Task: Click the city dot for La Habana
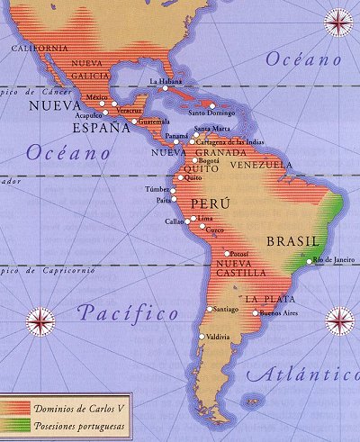coord(165,88)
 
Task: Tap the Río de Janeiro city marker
coord(310,261)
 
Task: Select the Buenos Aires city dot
coord(255,313)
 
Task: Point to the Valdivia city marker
coord(201,337)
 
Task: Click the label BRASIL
coord(292,241)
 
